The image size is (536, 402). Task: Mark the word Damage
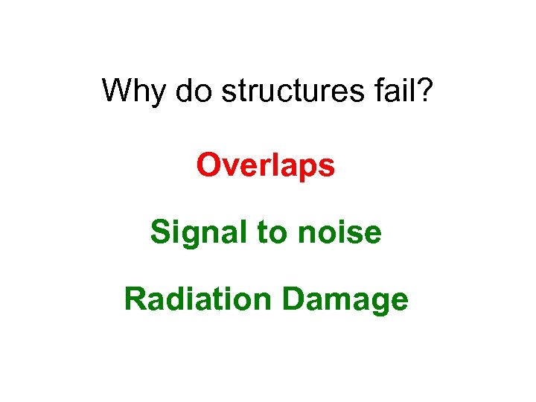(345, 301)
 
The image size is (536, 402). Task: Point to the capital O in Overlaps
(208, 165)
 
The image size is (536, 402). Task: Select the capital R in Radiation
(135, 299)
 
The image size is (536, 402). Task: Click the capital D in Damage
(294, 299)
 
